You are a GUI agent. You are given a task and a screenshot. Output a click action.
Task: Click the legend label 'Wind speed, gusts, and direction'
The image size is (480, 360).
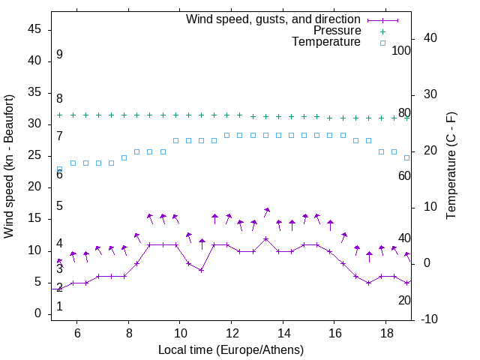tap(274, 19)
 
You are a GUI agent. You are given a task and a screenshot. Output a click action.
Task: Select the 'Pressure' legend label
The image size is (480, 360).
tap(337, 31)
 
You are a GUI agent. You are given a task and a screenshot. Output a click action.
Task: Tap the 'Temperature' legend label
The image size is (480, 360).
tap(326, 42)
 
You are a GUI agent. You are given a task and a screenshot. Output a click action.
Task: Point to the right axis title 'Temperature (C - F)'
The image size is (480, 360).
tap(451, 166)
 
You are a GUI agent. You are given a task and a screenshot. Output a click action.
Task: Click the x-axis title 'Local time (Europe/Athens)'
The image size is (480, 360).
tap(231, 350)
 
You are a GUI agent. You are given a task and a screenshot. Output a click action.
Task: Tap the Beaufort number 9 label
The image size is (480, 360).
tap(59, 55)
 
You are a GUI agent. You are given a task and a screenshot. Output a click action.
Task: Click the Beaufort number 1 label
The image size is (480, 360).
tap(59, 307)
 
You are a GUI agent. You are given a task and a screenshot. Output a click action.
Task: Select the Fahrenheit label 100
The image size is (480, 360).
tap(401, 51)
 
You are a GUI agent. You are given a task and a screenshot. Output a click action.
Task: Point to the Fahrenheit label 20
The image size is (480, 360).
tap(404, 300)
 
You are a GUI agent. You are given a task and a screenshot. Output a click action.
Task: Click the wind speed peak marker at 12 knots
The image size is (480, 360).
tap(266, 238)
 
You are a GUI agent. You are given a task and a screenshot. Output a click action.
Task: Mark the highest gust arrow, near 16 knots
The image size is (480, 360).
tap(267, 211)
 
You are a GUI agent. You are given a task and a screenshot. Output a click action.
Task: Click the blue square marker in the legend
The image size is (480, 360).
tap(382, 43)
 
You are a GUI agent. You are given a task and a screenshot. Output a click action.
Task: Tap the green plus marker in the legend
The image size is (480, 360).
tap(382, 31)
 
